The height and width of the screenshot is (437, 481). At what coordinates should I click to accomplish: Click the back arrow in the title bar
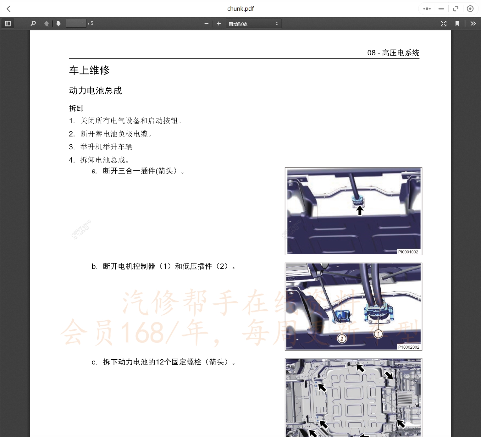(9, 9)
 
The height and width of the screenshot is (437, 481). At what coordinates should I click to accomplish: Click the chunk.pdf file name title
(240, 9)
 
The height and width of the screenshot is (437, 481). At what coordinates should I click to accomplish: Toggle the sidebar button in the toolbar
(8, 24)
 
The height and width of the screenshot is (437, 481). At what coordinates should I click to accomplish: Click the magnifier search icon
(33, 24)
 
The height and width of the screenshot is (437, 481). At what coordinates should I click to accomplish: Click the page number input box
(76, 24)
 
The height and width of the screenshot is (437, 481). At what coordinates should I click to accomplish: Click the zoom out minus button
(206, 24)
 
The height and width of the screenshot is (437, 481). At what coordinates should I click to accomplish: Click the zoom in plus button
(219, 24)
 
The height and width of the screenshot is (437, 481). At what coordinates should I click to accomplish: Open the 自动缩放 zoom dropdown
(253, 24)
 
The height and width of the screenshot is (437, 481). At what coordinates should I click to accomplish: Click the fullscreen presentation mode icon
(443, 24)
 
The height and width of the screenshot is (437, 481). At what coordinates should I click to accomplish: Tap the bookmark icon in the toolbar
(457, 24)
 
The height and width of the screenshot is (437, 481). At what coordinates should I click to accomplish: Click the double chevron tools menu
(473, 24)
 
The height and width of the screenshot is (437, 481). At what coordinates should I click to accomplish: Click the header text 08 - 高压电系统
(393, 53)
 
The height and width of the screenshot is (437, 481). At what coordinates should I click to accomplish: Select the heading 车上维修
(89, 70)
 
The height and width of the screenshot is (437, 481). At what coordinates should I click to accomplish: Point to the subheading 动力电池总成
(95, 91)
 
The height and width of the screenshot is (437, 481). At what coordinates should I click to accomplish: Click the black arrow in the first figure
(360, 210)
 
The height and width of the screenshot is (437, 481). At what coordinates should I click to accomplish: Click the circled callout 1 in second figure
(379, 334)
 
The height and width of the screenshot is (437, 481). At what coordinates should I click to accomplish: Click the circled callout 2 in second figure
(342, 339)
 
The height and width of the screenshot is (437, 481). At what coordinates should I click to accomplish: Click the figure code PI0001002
(408, 252)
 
